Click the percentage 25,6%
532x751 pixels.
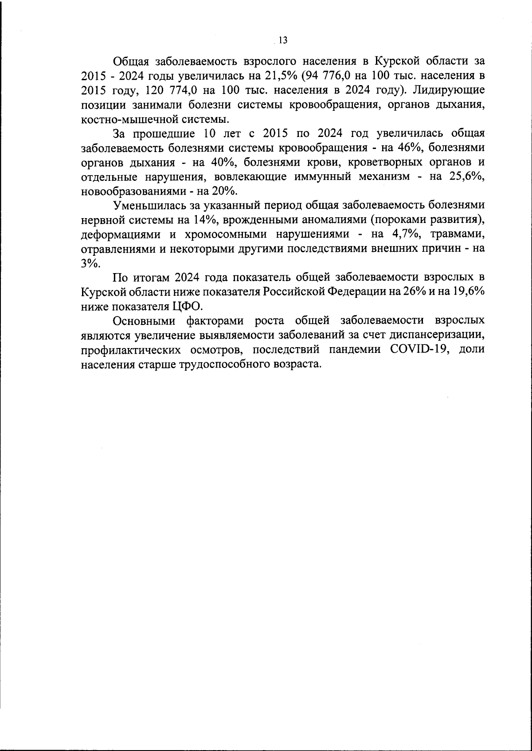(467, 176)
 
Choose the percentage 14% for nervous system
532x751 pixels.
(204, 220)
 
